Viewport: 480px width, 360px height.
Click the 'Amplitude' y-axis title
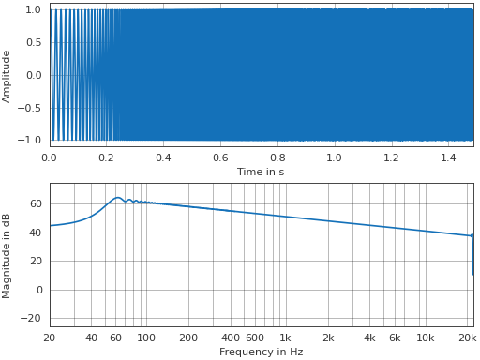tap(7, 76)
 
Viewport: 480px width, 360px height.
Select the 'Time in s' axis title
tap(261, 172)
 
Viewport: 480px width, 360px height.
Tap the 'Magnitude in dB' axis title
tap(7, 255)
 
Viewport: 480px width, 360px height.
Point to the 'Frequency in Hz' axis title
tap(261, 352)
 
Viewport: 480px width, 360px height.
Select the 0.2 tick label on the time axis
tap(106, 157)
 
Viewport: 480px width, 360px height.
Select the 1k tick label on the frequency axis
tap(285, 337)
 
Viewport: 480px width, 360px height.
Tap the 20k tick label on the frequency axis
tap(466, 337)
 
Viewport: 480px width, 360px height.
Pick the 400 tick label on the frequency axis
tap(231, 337)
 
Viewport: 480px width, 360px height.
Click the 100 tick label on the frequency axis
tap(146, 337)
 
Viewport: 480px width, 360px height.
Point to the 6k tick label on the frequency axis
tap(395, 337)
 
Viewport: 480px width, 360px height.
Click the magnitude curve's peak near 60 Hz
tap(117, 197)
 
